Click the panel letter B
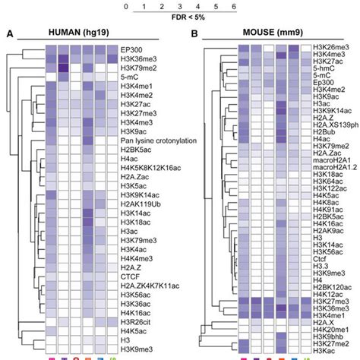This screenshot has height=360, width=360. click(x=194, y=34)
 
